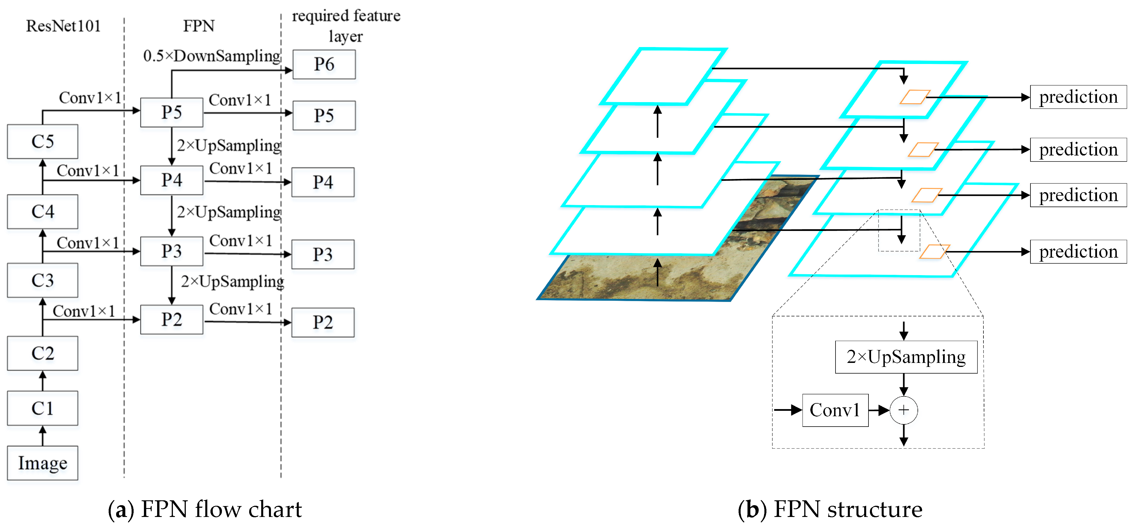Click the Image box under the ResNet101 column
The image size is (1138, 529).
point(42,463)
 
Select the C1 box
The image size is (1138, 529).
point(42,408)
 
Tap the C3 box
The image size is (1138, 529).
point(42,280)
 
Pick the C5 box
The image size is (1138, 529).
point(42,141)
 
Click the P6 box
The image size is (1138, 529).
point(324,65)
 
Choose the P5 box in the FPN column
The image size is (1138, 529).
point(171,112)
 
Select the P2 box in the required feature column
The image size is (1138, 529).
point(323,322)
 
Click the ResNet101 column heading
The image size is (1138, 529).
point(63,26)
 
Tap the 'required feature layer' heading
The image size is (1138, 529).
point(346,26)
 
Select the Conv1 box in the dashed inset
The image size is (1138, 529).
point(835,410)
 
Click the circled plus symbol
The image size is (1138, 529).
point(903,410)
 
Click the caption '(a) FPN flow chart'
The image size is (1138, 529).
point(204,509)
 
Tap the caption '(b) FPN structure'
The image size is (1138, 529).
point(830,509)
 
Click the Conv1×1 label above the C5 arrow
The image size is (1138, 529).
point(90,98)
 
